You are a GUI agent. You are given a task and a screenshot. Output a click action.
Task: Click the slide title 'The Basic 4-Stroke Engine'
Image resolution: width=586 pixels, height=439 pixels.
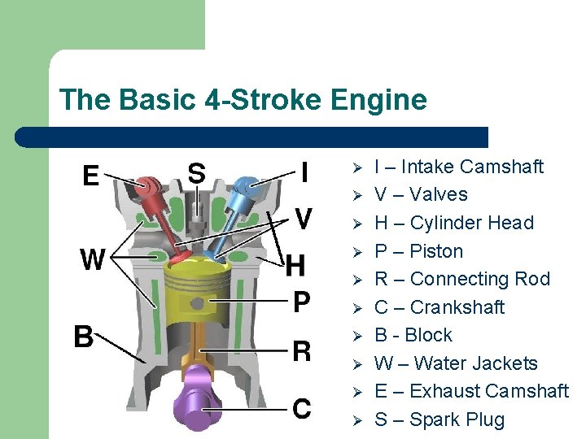click(x=243, y=100)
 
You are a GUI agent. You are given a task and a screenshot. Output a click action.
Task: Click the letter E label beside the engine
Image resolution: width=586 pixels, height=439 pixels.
click(x=91, y=176)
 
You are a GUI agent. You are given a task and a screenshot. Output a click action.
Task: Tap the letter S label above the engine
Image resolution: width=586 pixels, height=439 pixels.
click(x=196, y=172)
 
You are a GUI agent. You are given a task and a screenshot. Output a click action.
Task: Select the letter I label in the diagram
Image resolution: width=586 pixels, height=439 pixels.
click(x=304, y=172)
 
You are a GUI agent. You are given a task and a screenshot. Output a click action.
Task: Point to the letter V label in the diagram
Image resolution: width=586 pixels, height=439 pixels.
click(x=303, y=219)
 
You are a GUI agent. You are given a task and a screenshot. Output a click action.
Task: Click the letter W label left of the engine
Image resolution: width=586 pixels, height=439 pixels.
click(x=93, y=260)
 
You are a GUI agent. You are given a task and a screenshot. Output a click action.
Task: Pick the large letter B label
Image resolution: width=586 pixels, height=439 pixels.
click(x=84, y=336)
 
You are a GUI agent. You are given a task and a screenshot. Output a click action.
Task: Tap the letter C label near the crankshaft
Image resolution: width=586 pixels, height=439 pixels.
click(x=301, y=408)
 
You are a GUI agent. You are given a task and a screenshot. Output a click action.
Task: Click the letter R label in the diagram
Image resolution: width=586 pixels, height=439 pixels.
click(x=301, y=351)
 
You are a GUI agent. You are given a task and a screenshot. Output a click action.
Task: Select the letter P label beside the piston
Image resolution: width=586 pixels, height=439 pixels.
click(x=301, y=302)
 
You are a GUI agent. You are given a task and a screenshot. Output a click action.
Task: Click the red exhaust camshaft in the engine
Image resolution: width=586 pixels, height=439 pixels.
click(x=149, y=188)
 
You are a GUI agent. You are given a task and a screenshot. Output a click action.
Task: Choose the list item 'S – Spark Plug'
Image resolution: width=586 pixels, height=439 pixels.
click(x=439, y=419)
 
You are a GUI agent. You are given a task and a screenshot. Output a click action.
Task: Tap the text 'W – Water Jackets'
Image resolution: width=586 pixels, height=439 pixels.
click(x=456, y=363)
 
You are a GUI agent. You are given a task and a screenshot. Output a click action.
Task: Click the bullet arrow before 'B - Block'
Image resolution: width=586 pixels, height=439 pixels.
click(x=356, y=335)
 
